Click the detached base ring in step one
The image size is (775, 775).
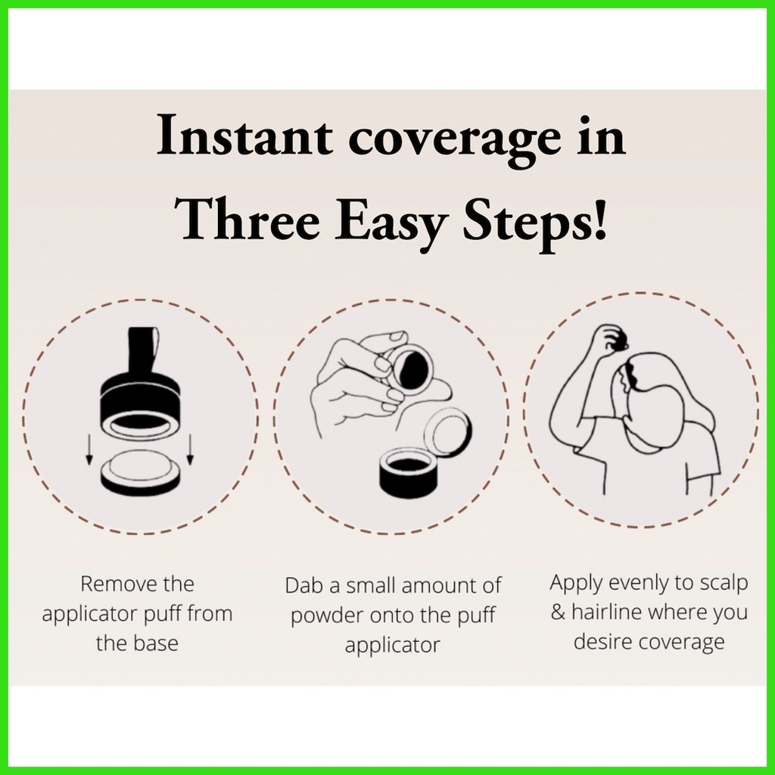140,473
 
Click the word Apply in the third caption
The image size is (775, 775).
577,584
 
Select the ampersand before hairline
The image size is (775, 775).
559,612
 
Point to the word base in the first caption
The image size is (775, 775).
156,643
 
